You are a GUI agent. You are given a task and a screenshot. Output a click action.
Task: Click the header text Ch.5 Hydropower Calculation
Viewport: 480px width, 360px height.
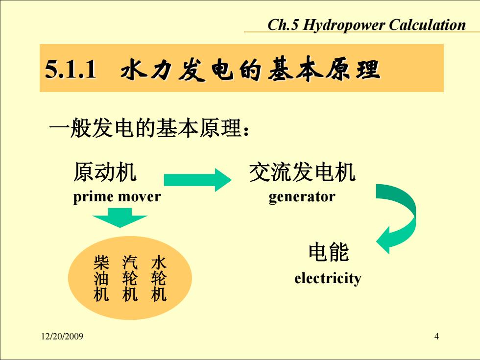[366, 25]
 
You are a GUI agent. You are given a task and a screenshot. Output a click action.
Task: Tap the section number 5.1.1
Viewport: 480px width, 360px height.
[71, 69]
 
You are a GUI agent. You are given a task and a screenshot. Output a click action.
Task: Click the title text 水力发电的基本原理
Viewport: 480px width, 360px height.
[250, 69]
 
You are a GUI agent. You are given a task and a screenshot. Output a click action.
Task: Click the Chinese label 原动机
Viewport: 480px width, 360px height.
[105, 172]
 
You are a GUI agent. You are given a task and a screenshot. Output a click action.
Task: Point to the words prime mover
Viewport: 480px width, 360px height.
[117, 196]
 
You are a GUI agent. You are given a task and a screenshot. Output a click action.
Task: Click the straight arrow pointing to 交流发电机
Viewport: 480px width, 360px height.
[198, 180]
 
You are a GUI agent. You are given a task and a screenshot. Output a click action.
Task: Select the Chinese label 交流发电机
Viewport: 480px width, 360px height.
[303, 172]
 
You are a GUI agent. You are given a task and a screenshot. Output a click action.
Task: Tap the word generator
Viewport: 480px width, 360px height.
[302, 197]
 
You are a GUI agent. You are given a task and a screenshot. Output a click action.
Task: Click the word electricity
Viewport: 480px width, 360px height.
[328, 278]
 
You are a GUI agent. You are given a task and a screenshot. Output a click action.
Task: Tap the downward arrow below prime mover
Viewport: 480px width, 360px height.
[120, 218]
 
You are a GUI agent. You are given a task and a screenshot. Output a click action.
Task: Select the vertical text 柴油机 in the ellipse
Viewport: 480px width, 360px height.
[101, 278]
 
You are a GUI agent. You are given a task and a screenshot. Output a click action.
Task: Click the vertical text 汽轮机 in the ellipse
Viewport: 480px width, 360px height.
[130, 278]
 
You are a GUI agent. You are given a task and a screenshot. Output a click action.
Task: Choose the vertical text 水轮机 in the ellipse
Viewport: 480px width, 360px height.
[159, 278]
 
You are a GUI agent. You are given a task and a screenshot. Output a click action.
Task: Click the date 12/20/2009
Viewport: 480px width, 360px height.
[62, 336]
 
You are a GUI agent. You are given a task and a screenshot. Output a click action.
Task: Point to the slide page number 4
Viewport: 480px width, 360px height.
[436, 336]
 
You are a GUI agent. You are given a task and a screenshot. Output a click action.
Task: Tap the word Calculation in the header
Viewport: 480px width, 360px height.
[427, 24]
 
